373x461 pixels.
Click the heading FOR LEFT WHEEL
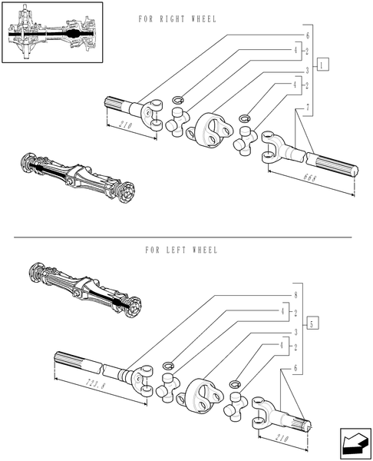[181, 250]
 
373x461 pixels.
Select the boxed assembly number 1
[323, 65]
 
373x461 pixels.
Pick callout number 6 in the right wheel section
[307, 35]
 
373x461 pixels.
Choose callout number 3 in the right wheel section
[307, 70]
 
